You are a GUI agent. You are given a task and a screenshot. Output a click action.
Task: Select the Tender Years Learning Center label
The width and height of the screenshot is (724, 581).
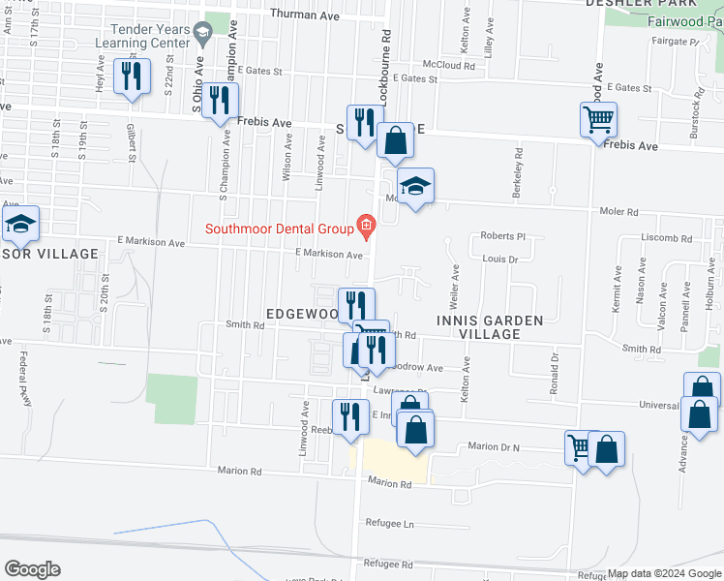point(150,37)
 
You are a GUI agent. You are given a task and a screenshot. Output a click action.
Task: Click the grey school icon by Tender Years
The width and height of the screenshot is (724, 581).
point(202,37)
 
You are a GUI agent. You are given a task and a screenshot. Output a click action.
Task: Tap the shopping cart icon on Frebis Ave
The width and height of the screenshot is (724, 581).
point(599,121)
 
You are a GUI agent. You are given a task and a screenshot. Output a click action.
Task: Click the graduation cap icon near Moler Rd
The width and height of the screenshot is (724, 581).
point(415,185)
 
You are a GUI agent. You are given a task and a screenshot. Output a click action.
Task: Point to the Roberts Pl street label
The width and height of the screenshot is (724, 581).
point(502,235)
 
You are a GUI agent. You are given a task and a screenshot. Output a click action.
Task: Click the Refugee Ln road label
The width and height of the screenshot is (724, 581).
point(389,523)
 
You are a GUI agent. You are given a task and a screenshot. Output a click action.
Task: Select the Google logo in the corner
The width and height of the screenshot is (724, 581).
point(32,569)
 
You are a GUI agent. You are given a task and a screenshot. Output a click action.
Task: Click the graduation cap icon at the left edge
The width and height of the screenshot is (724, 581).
point(19,224)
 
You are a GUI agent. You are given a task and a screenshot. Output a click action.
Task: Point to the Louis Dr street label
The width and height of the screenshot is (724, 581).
point(500,260)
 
